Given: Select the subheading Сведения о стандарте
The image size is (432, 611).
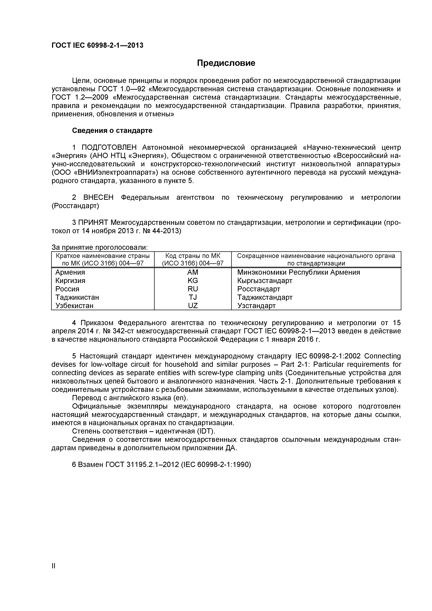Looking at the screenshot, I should coord(112,131).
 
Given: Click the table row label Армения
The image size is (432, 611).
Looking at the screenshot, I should coord(70,272).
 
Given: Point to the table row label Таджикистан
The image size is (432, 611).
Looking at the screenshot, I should coord(77,297).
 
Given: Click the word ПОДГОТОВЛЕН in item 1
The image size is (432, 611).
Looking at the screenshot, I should coord(109,147).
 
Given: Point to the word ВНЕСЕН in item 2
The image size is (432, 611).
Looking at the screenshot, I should coord(98,198).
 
